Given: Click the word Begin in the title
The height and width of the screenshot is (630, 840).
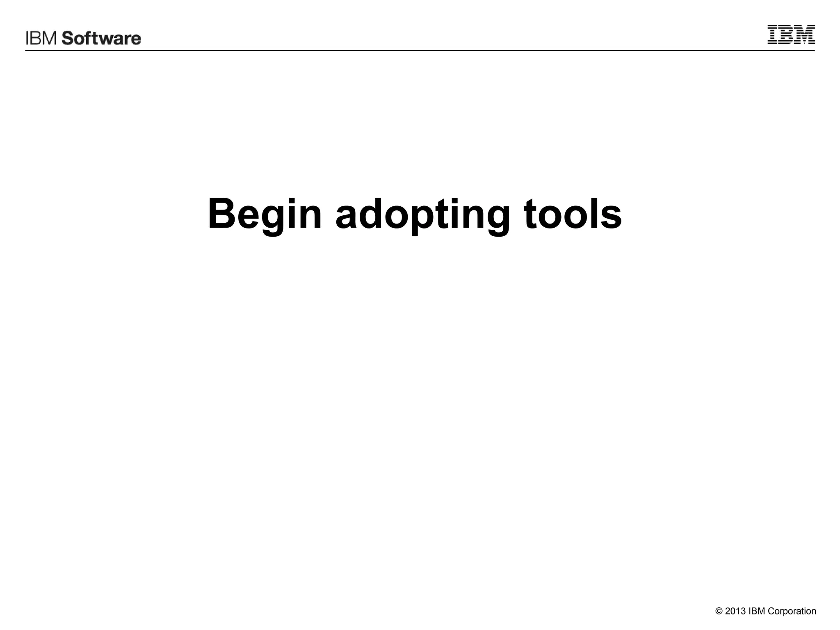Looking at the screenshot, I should (x=265, y=215).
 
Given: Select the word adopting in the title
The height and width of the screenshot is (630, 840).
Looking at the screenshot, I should (x=423, y=215).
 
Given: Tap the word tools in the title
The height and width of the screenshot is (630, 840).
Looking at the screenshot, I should (x=573, y=214).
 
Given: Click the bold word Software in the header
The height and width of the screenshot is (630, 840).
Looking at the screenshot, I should (x=101, y=39).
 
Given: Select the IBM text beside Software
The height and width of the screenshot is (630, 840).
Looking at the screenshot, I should (x=42, y=39).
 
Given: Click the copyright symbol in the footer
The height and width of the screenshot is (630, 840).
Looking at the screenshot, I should (x=719, y=612).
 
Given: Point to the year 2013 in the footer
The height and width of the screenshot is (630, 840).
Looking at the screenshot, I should (x=735, y=612).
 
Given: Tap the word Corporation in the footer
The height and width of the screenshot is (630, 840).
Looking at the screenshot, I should (x=792, y=612).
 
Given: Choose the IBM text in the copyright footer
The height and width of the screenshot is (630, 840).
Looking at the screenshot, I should (x=757, y=612).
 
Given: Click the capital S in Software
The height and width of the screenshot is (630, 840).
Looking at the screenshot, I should (x=68, y=39).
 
